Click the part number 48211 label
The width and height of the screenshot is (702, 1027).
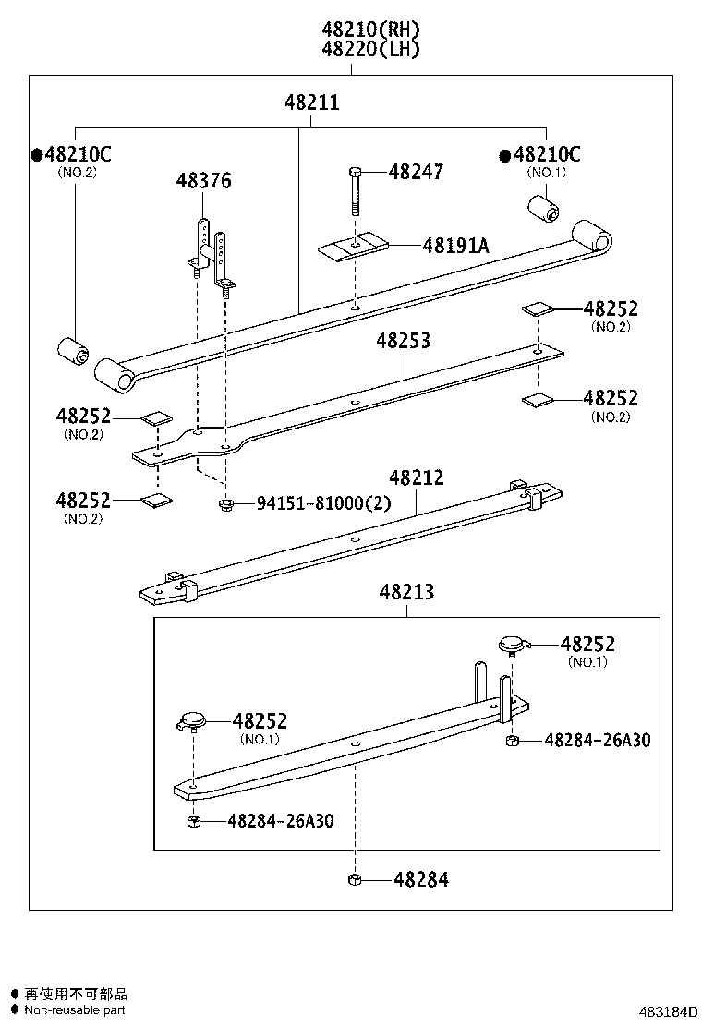click(311, 103)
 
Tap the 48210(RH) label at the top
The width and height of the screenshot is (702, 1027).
click(370, 30)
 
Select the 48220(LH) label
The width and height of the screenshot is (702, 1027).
click(370, 50)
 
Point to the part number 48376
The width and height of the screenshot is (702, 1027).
click(203, 180)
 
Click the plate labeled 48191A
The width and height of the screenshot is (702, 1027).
click(353, 247)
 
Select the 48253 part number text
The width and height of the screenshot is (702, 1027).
click(403, 341)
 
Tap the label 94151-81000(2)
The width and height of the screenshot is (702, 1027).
click(323, 503)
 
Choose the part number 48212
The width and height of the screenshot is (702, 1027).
click(416, 477)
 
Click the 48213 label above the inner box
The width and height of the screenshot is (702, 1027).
click(405, 591)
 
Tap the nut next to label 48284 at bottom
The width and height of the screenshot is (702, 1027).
click(355, 879)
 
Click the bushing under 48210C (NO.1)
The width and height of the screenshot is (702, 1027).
click(542, 208)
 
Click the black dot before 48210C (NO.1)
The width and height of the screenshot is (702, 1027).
click(504, 155)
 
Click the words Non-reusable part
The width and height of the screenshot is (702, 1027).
click(74, 1009)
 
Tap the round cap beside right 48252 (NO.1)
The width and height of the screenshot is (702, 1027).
click(512, 644)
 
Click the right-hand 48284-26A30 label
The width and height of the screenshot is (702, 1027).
click(597, 740)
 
